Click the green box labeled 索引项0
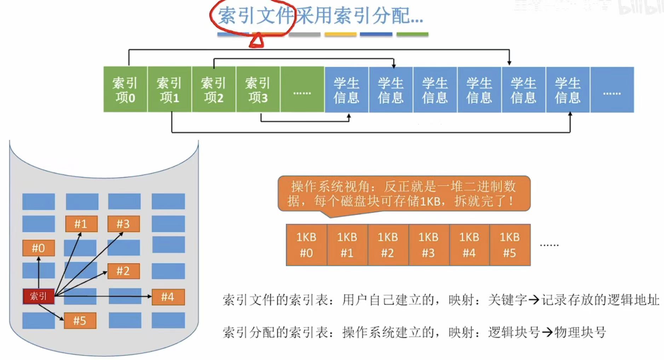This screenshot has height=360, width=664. point(125,89)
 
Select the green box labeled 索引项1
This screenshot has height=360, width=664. point(169,89)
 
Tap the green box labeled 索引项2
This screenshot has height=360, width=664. point(213,89)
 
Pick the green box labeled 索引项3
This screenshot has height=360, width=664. point(258,89)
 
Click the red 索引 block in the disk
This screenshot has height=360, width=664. point(39,296)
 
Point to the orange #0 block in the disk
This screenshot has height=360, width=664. point(39,248)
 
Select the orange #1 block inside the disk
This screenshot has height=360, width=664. point(81,224)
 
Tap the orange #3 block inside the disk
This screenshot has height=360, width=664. point(123,224)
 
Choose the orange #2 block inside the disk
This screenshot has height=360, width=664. point(123,271)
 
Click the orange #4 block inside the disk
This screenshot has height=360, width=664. point(168,297)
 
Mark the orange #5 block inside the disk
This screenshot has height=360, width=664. point(80,321)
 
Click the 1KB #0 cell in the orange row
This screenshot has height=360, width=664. point(306,245)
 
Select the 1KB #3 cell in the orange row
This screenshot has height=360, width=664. point(428,245)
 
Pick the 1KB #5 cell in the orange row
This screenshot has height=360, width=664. point(510,245)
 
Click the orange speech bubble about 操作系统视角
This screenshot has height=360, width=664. point(404,194)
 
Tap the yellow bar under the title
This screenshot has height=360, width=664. point(340,34)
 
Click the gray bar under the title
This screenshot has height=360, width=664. point(305,34)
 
